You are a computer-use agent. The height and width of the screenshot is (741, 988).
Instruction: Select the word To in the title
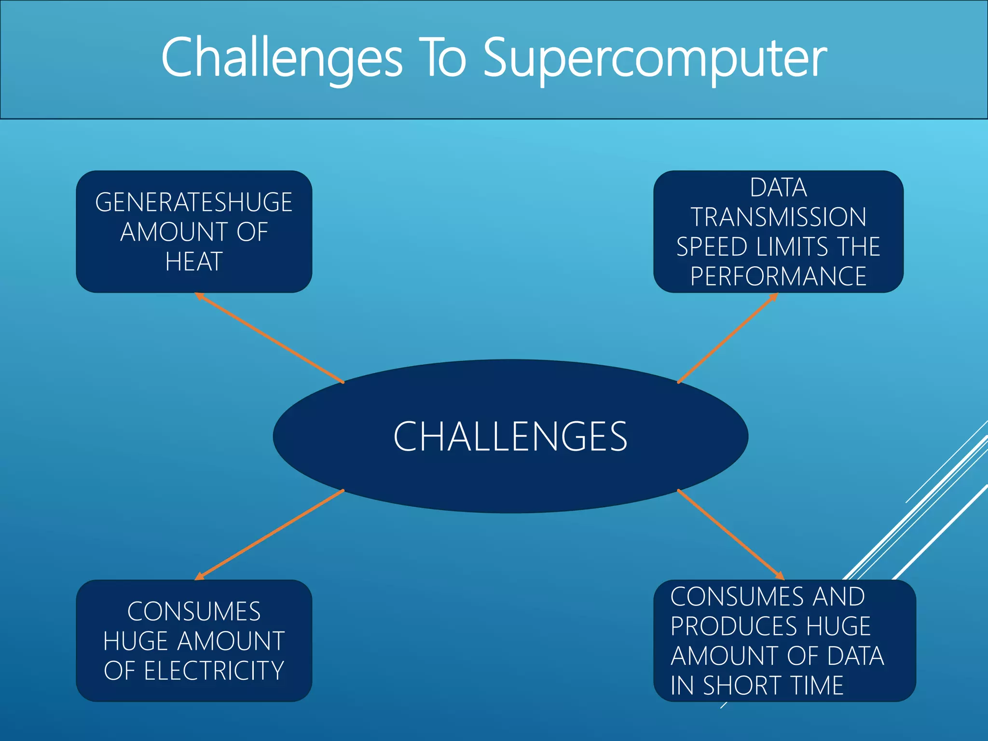pyautogui.click(x=443, y=58)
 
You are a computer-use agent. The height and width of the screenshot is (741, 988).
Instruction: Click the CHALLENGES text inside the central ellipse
pyautogui.click(x=510, y=437)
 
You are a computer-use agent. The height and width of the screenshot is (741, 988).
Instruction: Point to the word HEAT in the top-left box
pyautogui.click(x=194, y=262)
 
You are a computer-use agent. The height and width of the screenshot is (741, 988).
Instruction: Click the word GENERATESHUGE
pyautogui.click(x=194, y=202)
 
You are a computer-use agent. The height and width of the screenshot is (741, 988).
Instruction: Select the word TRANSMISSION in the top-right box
pyautogui.click(x=778, y=217)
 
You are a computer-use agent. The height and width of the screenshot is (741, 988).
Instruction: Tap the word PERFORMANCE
pyautogui.click(x=778, y=276)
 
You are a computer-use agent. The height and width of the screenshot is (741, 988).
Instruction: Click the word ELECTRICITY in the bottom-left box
pyautogui.click(x=214, y=671)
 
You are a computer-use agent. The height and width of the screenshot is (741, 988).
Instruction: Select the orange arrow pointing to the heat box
pyautogui.click(x=270, y=338)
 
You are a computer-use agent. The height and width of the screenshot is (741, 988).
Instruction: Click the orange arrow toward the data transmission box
pyautogui.click(x=727, y=338)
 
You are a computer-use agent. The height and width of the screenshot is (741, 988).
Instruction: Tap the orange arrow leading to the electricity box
pyautogui.click(x=270, y=534)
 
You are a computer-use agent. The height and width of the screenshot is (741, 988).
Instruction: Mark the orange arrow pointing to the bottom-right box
pyautogui.click(x=730, y=534)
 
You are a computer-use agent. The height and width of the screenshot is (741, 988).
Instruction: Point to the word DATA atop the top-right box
pyautogui.click(x=778, y=188)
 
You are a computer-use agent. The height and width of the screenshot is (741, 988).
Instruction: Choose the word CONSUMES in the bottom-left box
pyautogui.click(x=194, y=612)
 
